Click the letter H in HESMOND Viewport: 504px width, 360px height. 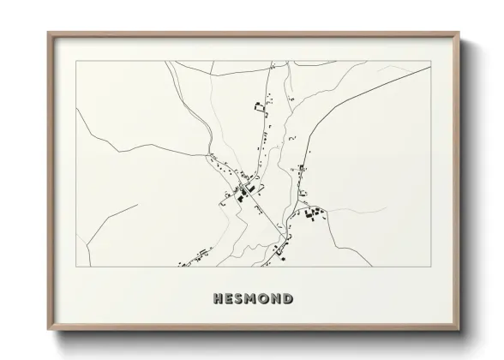(x=217, y=299)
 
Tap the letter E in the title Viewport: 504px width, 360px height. (x=229, y=299)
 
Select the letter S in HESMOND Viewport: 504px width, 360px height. (x=240, y=299)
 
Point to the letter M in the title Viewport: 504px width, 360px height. (x=253, y=299)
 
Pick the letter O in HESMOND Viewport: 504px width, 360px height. (x=266, y=299)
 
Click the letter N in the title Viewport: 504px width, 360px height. (x=277, y=299)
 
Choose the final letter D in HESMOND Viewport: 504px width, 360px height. (x=289, y=299)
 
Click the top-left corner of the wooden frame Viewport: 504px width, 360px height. (x=48, y=33)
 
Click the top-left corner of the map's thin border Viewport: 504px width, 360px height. (x=76, y=61)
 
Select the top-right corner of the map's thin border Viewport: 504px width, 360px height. (x=430, y=61)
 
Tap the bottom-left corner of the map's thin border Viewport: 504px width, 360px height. (x=76, y=267)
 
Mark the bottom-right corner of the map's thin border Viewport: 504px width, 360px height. (x=430, y=267)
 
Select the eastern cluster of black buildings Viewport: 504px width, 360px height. (x=312, y=213)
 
